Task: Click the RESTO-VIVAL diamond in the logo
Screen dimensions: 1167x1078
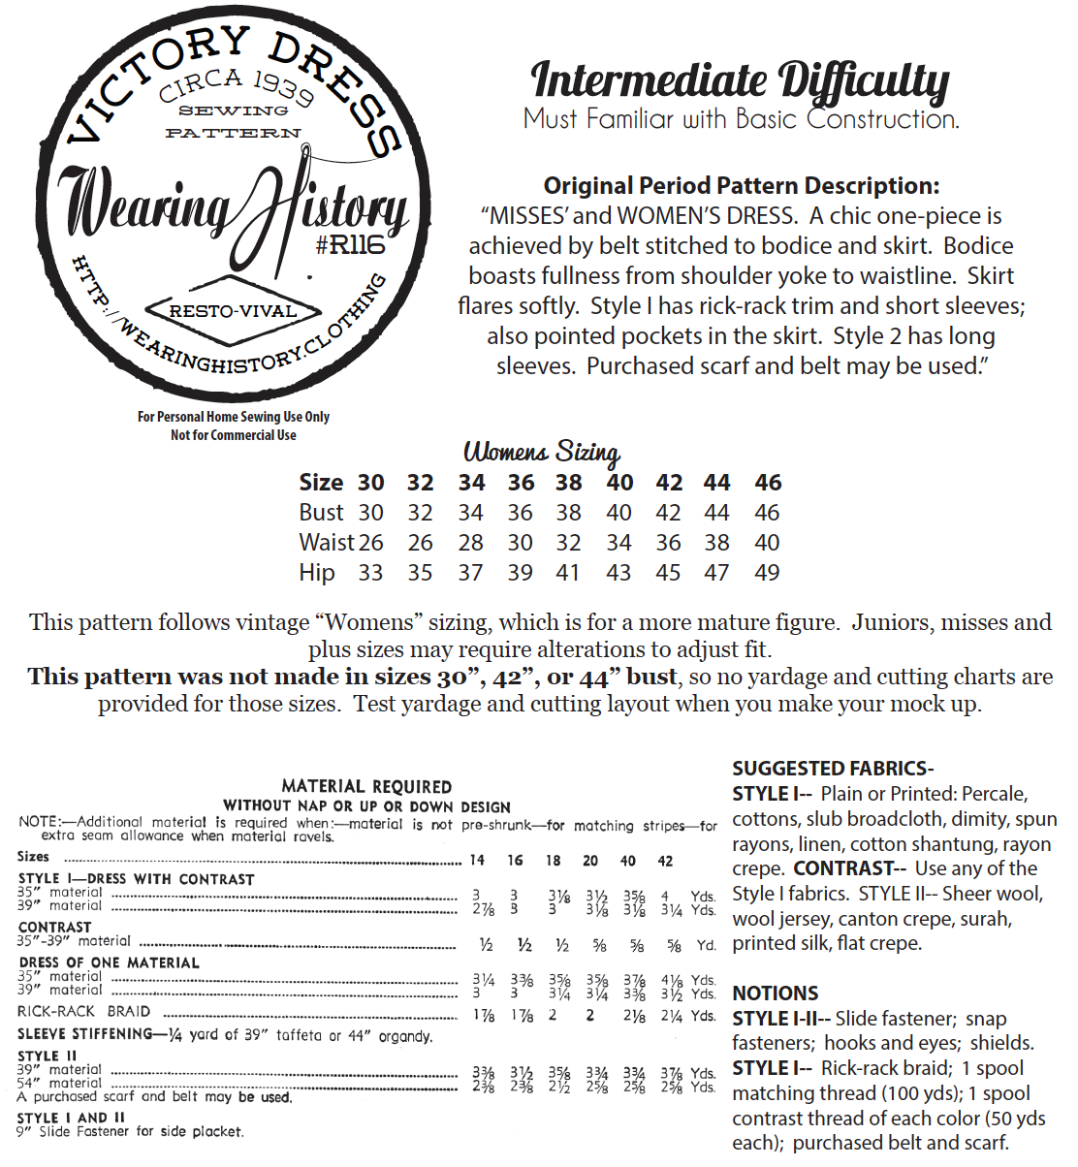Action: pos(233,311)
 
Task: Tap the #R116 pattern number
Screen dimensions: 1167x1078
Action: pos(349,245)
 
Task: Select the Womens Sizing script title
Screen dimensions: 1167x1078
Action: pos(541,452)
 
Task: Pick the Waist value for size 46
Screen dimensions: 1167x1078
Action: pos(767,543)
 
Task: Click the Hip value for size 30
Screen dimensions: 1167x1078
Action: pos(370,573)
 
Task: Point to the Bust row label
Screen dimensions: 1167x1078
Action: pos(321,513)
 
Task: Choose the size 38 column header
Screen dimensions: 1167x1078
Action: pos(568,483)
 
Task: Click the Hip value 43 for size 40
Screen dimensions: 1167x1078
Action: pos(618,573)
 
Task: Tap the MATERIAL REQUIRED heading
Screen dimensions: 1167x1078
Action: pos(366,787)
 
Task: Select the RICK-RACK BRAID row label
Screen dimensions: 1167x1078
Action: pos(84,1011)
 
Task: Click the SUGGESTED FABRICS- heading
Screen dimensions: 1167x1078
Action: pos(833,769)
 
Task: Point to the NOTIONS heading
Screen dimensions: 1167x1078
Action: pos(776,994)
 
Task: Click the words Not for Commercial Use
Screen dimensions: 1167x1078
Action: pos(234,435)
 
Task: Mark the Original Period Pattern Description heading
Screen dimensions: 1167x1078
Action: pos(741,186)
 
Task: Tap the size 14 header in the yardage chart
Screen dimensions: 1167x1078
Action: pos(477,860)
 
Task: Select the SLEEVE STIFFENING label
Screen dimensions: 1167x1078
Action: pos(85,1034)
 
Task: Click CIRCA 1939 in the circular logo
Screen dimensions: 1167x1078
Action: pos(236,85)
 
